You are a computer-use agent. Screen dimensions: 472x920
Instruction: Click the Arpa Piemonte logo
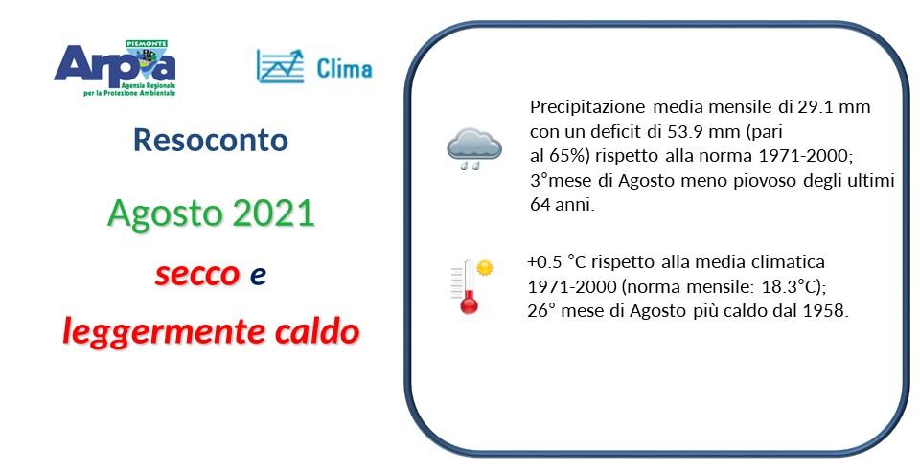click(114, 67)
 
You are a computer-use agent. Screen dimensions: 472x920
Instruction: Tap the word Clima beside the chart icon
click(344, 68)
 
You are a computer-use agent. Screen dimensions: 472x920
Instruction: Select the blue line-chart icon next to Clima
click(280, 65)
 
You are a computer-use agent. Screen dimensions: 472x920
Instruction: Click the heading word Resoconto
click(211, 141)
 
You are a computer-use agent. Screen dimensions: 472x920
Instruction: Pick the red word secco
click(196, 275)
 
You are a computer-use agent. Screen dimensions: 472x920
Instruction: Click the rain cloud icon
click(473, 148)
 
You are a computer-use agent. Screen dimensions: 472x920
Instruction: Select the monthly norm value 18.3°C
click(792, 287)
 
